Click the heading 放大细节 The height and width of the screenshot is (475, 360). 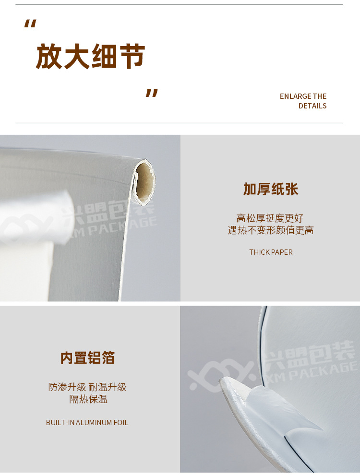click(x=91, y=57)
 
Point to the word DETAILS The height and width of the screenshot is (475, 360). click(x=312, y=106)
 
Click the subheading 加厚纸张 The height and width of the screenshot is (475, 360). click(x=271, y=189)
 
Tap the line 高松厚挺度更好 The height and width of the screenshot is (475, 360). click(x=270, y=218)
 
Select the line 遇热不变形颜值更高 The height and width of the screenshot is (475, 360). click(x=271, y=230)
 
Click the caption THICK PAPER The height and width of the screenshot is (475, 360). click(x=271, y=252)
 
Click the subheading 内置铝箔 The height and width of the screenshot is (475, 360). click(x=87, y=358)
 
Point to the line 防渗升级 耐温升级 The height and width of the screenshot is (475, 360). click(x=87, y=387)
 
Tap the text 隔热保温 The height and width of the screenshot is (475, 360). click(x=88, y=399)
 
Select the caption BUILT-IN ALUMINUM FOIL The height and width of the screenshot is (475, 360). click(x=87, y=423)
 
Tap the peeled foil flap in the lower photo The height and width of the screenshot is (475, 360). click(x=283, y=408)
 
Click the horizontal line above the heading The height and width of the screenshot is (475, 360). click(x=179, y=5)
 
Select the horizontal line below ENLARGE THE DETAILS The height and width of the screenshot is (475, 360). click(x=179, y=123)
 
